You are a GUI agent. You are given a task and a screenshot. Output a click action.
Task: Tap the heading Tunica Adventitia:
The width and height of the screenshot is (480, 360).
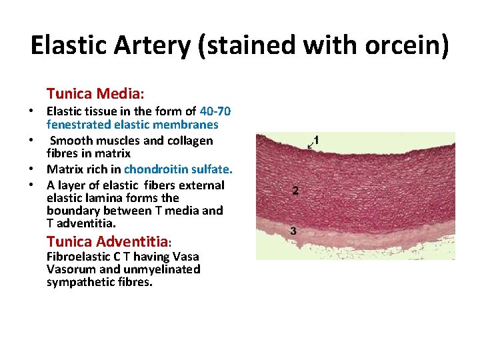(x=110, y=241)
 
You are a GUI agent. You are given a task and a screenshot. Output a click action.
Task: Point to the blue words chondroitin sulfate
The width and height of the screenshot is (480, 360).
(x=178, y=169)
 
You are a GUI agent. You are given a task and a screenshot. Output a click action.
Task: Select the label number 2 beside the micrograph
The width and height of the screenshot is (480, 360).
(x=295, y=191)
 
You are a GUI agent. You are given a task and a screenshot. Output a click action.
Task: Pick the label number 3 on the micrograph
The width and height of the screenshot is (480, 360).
(x=293, y=231)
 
